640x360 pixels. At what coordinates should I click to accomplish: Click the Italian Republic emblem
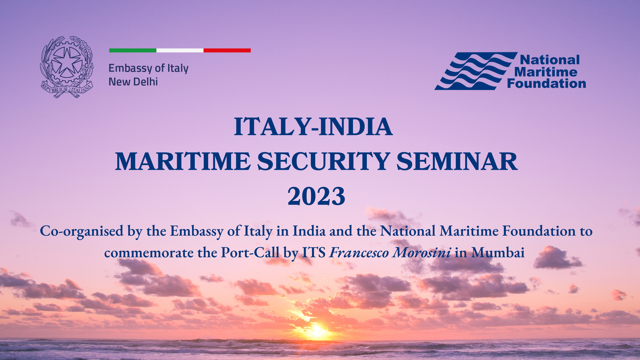67,67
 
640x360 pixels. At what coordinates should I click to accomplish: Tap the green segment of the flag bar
132,50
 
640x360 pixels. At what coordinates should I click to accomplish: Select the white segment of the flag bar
180,50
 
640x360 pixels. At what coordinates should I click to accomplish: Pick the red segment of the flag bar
227,50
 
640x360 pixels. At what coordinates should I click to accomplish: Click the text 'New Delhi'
133,82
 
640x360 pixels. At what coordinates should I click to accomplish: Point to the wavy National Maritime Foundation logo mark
476,71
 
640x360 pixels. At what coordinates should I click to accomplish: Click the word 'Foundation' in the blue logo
546,84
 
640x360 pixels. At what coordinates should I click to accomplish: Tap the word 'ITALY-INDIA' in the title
313,126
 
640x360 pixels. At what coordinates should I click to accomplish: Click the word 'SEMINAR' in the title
457,162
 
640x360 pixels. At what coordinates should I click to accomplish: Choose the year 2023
316,196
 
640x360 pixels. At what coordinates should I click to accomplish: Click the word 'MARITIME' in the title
183,162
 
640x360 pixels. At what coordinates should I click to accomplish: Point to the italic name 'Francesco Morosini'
390,252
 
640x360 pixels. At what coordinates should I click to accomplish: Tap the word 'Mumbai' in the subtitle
498,253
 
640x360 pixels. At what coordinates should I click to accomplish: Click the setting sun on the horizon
317,332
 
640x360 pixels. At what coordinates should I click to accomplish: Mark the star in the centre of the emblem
67,62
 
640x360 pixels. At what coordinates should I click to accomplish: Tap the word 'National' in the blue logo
550,60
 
